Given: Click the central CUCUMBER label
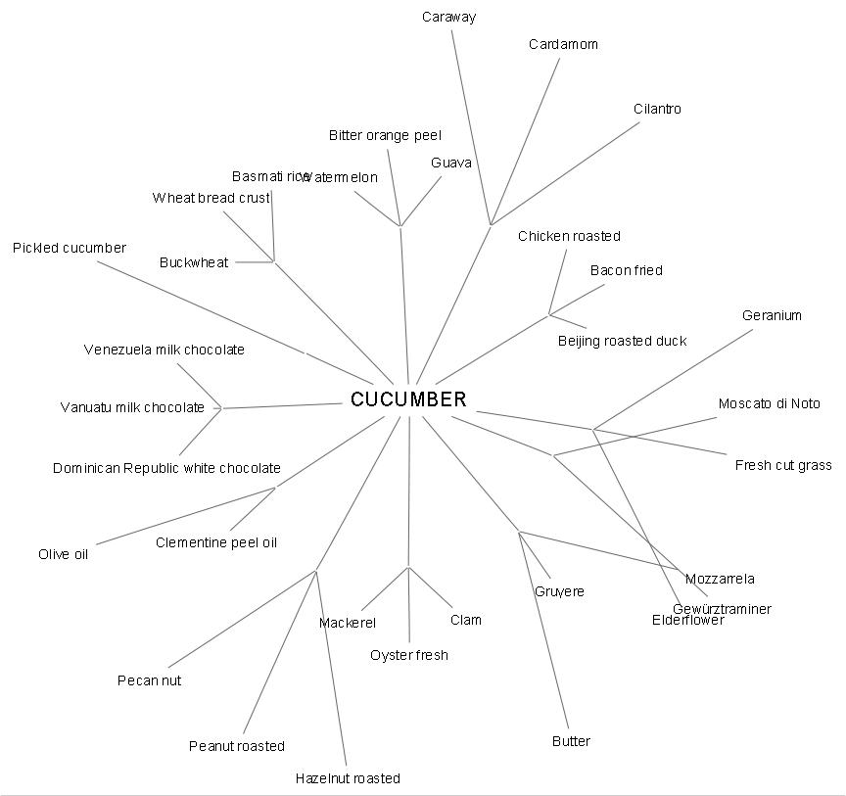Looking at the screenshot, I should click(x=408, y=399).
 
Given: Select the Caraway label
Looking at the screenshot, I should click(x=449, y=17).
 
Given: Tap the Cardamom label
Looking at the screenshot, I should click(x=563, y=44).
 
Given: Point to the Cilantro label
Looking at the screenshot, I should click(x=657, y=109).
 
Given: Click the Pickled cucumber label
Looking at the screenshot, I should click(x=70, y=248).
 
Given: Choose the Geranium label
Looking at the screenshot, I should click(x=772, y=315).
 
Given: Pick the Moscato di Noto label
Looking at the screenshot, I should click(x=769, y=403).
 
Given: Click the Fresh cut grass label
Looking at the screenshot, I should click(x=783, y=465).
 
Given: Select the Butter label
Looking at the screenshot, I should click(x=571, y=741).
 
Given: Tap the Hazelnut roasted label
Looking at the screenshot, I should click(x=348, y=778).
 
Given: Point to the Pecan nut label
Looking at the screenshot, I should click(x=149, y=680).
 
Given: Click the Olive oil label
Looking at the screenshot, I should click(x=64, y=554).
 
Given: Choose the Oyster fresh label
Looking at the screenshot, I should click(x=409, y=655).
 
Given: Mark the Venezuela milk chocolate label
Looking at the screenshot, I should click(x=164, y=350).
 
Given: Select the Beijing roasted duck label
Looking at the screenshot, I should click(x=622, y=341).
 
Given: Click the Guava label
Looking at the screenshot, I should click(x=451, y=163).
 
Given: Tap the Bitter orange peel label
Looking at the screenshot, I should click(x=385, y=135).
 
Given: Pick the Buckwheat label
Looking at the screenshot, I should click(x=194, y=262).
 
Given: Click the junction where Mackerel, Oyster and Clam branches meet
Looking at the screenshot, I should click(x=408, y=567).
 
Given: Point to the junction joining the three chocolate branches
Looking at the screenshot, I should click(x=222, y=407).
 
